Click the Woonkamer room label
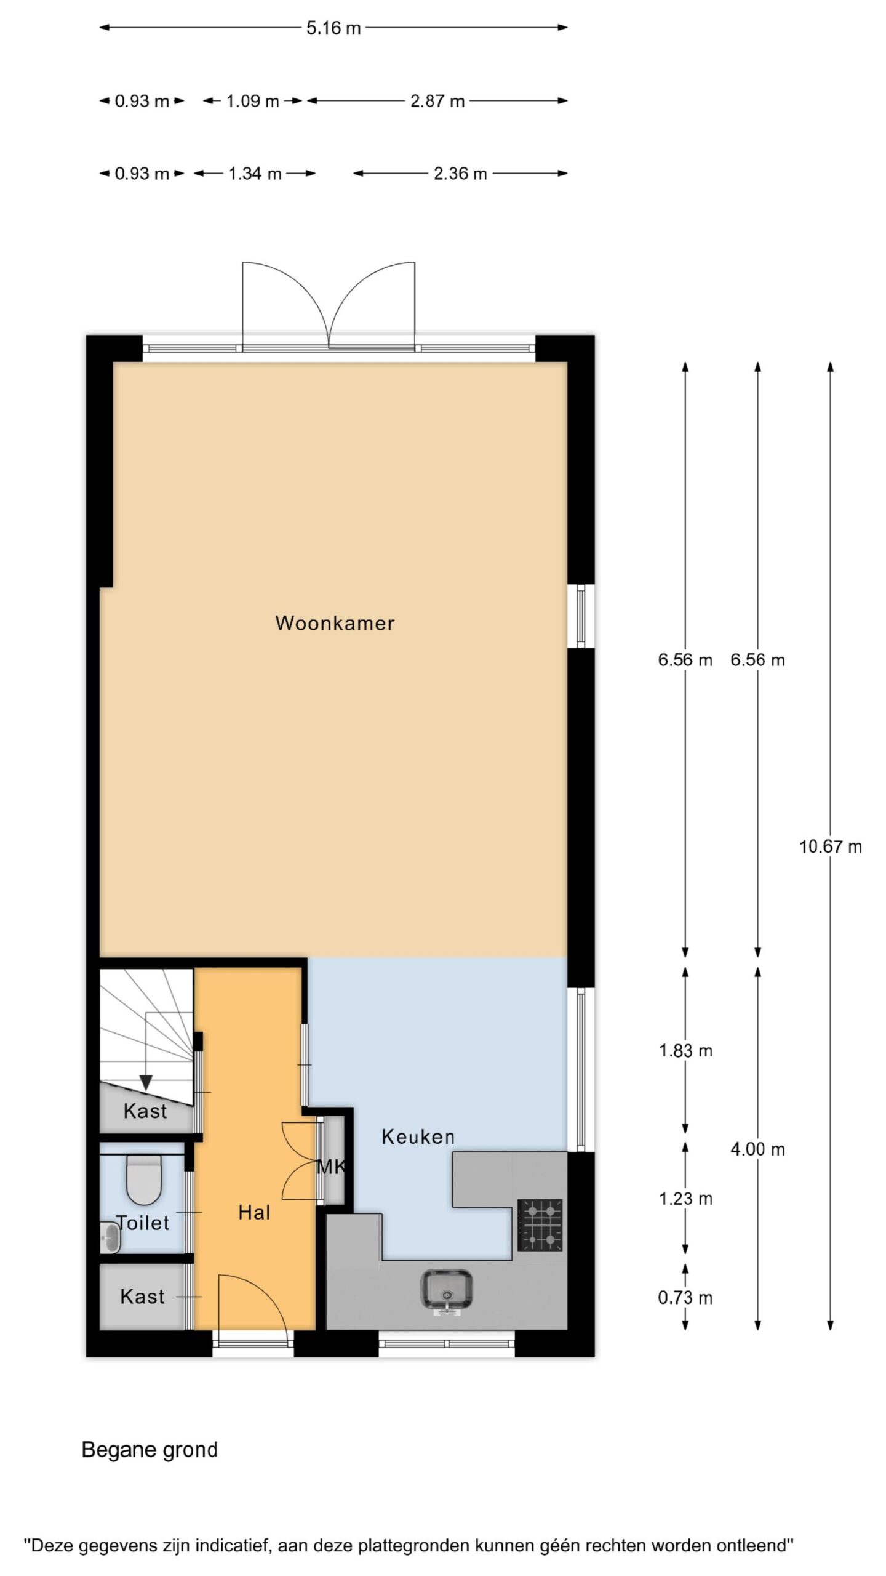coord(335,622)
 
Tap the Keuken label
coord(418,1136)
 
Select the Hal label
coord(254,1212)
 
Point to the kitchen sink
coord(447,1289)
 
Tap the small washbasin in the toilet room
coord(110,1237)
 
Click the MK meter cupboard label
coord(331,1166)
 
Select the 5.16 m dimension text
coord(333,28)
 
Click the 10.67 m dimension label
coord(830,846)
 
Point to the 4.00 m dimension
coord(757,1149)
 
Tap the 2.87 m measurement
coord(437,101)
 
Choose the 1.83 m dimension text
coord(685,1050)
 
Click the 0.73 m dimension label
coord(685,1298)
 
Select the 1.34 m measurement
coord(255,174)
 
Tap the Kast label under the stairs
coord(145,1111)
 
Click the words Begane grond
coord(150,1450)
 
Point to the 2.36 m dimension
coord(460,174)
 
